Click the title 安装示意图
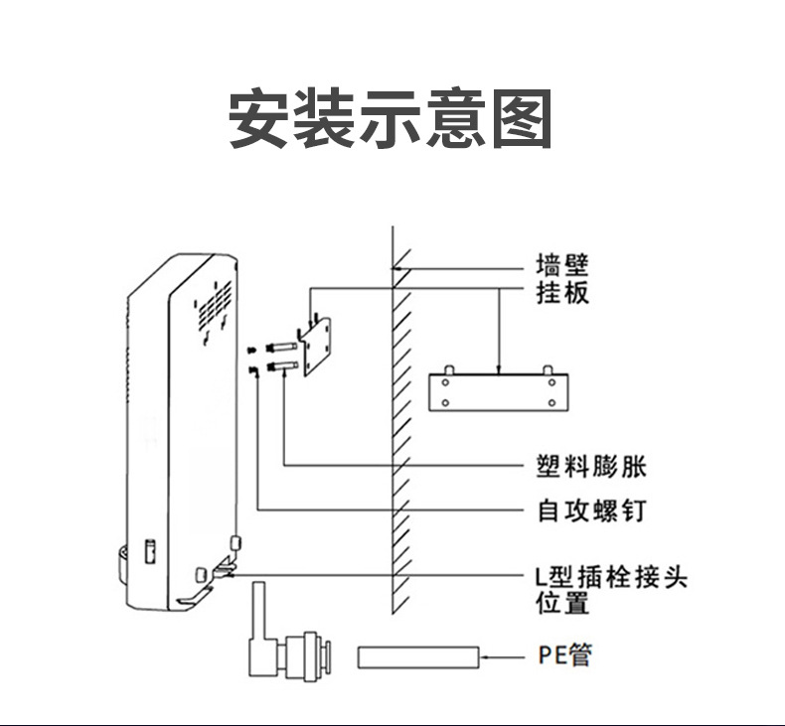(x=391, y=119)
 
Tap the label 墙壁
(x=562, y=265)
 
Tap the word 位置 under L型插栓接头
(x=562, y=603)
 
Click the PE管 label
(x=565, y=655)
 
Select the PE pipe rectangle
(x=418, y=656)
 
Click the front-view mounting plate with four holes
(x=500, y=392)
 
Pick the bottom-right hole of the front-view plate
(x=550, y=404)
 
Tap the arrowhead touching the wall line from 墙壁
(x=398, y=269)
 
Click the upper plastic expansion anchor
(x=280, y=348)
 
